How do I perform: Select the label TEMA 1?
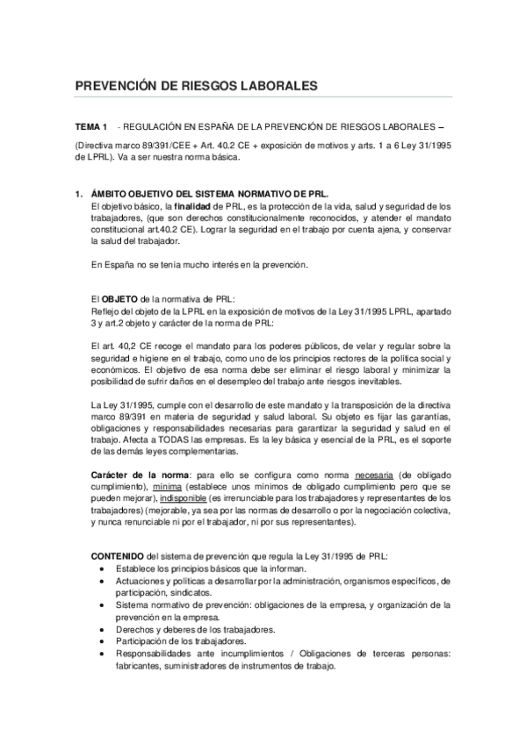click(x=90, y=127)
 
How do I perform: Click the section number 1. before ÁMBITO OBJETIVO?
click(x=79, y=191)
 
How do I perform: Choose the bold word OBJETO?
click(x=121, y=298)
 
